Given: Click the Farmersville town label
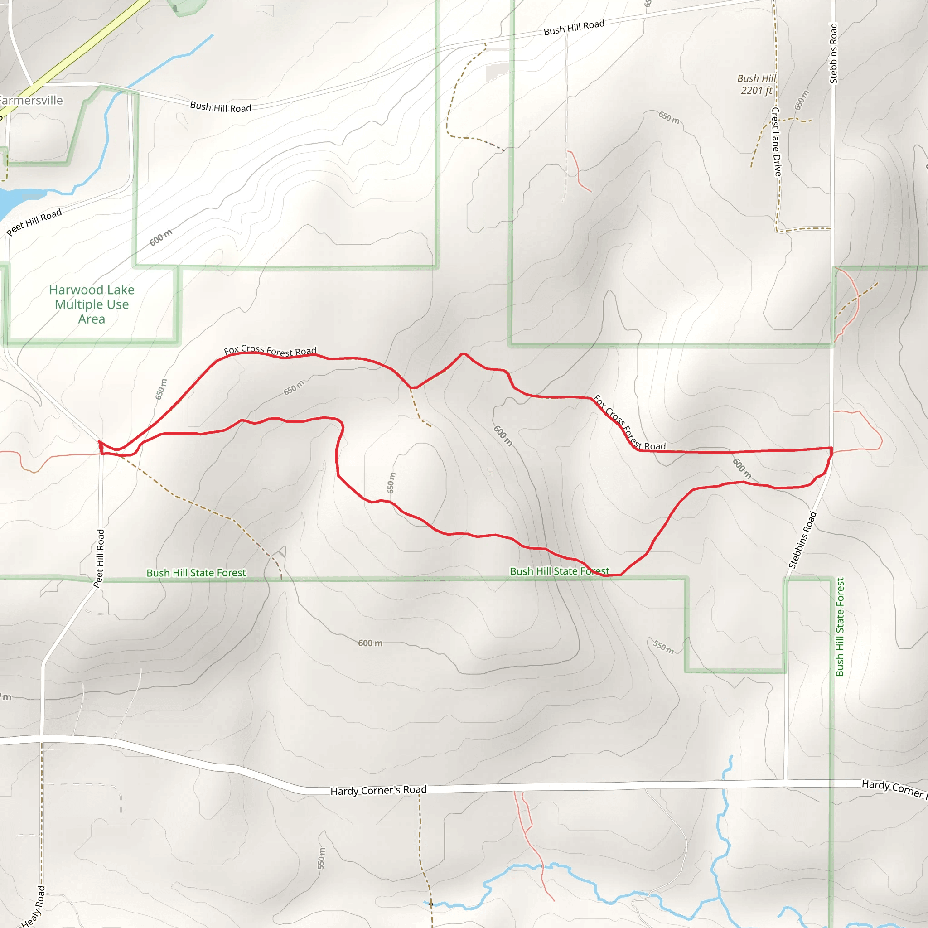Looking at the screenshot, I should (x=31, y=101).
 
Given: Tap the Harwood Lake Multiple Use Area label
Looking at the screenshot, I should (x=92, y=304).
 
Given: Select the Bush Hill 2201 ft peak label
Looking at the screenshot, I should (x=757, y=85).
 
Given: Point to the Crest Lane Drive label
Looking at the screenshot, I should (x=776, y=141).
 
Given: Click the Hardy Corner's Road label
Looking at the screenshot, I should (x=378, y=790).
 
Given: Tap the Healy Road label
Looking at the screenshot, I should (x=34, y=906).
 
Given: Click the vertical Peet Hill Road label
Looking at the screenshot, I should (x=99, y=558).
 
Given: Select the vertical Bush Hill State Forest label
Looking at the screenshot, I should (x=840, y=627).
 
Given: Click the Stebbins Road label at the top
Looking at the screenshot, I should (x=833, y=53).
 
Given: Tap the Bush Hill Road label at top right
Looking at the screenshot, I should (x=574, y=28).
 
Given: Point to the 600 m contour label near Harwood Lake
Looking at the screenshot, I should (x=160, y=237).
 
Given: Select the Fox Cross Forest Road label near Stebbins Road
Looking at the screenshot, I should (x=629, y=423).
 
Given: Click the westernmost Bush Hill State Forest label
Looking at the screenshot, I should (x=196, y=573).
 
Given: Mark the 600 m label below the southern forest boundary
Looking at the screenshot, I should (x=370, y=643).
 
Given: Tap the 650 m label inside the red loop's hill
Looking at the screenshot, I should (x=391, y=483).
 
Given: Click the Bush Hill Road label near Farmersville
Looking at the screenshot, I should (x=221, y=106).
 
